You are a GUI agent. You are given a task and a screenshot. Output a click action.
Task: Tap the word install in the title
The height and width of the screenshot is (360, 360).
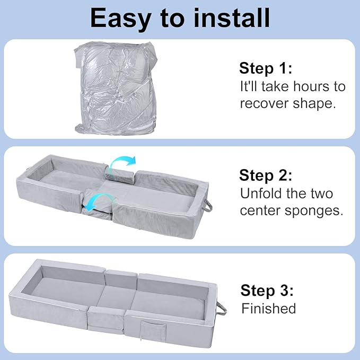pos(232,17)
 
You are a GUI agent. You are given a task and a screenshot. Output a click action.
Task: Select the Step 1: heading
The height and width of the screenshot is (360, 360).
pos(266,68)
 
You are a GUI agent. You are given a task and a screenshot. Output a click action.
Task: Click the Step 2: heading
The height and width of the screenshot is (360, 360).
pos(266,175)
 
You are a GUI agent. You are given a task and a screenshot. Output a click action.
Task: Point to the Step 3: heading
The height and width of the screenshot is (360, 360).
pos(267,291)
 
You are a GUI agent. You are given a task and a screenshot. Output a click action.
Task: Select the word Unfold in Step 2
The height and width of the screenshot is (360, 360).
pos(260,194)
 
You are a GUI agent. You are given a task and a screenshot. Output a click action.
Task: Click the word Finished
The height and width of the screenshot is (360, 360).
pos(269,309)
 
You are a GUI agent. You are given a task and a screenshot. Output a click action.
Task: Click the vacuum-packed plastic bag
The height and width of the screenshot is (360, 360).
pos(116,89)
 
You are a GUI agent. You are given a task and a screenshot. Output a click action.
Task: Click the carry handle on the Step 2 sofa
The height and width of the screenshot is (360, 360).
pos(208,205)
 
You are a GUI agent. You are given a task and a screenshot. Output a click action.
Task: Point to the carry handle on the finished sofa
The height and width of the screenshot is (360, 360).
pos(222,308)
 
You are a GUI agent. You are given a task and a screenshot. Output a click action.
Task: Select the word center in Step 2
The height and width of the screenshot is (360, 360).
pos(260,211)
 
